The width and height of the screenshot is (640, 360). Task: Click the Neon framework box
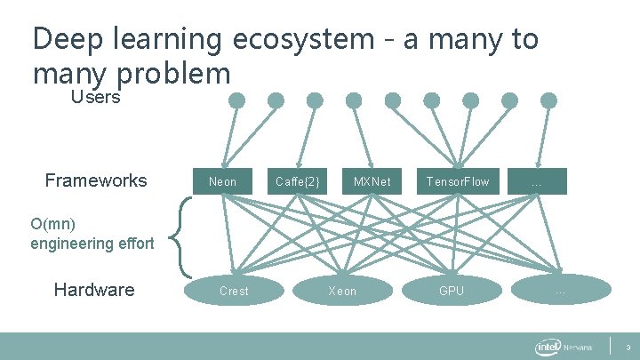[x=223, y=182]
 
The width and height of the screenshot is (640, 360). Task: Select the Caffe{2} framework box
[x=297, y=182]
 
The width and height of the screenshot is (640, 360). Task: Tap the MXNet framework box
[x=372, y=182]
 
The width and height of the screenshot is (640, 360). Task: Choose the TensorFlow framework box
[x=457, y=182]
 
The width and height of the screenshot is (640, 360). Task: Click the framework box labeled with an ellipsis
[x=537, y=182]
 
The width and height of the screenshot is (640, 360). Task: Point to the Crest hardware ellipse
[x=234, y=291]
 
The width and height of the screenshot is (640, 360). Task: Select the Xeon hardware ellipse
[x=342, y=291]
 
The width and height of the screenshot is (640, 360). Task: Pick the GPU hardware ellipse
[x=452, y=291]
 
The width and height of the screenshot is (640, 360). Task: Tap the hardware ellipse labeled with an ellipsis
[x=560, y=291]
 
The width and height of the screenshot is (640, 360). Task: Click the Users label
[x=95, y=98]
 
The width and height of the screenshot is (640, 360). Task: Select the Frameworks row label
[x=96, y=181]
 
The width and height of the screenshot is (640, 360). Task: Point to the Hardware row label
[x=94, y=290]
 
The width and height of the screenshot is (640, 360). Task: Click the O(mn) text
[x=53, y=223]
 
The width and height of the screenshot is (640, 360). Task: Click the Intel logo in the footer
[x=548, y=346]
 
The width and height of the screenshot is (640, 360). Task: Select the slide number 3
[x=628, y=346]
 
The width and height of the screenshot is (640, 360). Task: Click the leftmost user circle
[x=236, y=100]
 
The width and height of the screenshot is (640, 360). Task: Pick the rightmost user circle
[x=549, y=100]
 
